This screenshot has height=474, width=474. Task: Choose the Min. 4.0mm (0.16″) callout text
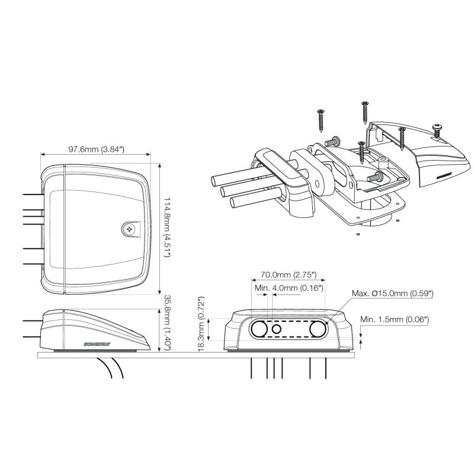pyautogui.click(x=287, y=288)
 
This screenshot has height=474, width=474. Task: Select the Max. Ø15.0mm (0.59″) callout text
pyautogui.click(x=392, y=293)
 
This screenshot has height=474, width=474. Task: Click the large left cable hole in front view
pyautogui.click(x=259, y=329)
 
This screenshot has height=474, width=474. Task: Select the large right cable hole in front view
pyautogui.click(x=318, y=329)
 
